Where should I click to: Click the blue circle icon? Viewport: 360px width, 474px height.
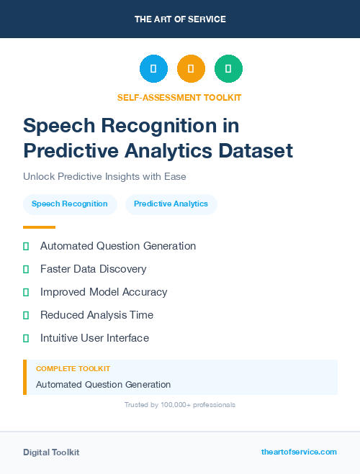(x=153, y=69)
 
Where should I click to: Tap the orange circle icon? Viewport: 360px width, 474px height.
(x=191, y=69)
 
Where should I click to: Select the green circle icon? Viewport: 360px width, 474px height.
(x=228, y=69)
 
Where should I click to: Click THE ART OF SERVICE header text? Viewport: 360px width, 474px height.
(x=180, y=19)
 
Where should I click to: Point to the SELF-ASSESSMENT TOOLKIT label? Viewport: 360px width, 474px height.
(x=180, y=97)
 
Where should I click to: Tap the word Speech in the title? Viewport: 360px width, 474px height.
(x=58, y=126)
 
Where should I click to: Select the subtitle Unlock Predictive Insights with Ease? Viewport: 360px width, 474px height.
(x=105, y=176)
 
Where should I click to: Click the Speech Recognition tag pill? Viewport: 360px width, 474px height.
(x=70, y=204)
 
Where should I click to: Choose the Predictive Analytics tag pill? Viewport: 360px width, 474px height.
(x=171, y=204)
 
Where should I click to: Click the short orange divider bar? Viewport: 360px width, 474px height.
(x=39, y=227)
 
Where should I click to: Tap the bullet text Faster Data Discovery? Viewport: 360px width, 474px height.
(x=93, y=269)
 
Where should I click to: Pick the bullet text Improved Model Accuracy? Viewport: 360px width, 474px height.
(x=104, y=292)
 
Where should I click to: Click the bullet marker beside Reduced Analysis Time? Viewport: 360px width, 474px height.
(x=26, y=315)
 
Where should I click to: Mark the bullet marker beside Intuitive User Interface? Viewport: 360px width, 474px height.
(x=26, y=338)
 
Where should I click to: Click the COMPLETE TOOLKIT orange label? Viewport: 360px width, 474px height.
(x=73, y=368)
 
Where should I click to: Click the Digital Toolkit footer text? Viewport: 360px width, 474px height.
(x=51, y=452)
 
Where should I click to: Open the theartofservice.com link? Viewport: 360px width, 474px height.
(x=299, y=452)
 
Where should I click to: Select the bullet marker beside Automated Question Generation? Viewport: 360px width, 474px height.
(x=26, y=246)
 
